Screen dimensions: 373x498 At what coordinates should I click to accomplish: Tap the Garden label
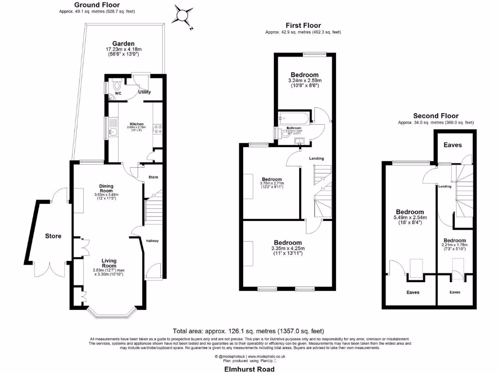[x=123, y=43]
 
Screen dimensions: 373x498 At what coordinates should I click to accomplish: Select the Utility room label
[x=144, y=92]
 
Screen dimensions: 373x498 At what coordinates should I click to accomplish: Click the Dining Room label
[x=106, y=188]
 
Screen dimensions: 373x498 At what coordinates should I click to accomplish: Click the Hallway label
[x=152, y=241]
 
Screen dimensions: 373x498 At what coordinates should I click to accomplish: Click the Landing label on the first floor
[x=317, y=158]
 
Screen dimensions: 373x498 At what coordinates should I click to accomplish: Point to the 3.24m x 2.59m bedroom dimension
[x=305, y=81]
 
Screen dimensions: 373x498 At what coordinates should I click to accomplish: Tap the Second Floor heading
[x=435, y=116]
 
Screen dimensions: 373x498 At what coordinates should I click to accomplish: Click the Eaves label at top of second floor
[x=452, y=145]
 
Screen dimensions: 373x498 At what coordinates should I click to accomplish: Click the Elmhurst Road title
[x=249, y=369]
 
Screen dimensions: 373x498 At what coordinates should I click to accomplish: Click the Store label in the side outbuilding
[x=53, y=236]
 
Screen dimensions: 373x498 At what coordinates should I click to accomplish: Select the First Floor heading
[x=303, y=25]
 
